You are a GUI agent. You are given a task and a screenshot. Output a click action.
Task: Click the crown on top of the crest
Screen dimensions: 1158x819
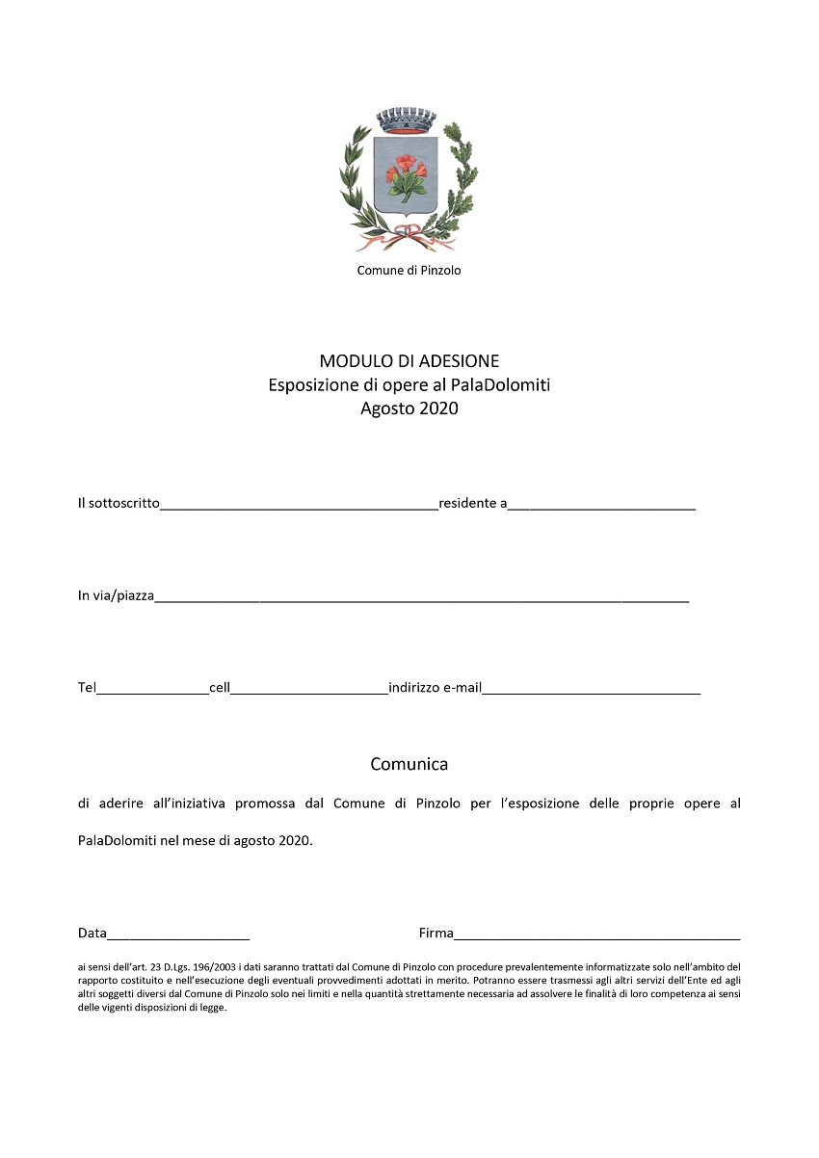pos(407,121)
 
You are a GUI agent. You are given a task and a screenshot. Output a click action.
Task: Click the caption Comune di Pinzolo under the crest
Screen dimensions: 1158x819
pos(409,271)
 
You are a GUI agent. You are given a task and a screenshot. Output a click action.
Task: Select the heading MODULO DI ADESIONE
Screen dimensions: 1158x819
pos(409,361)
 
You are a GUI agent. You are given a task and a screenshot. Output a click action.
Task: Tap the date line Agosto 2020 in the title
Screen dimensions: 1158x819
pos(409,408)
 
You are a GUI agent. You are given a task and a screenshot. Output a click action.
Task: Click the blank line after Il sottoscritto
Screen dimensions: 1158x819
pos(299,504)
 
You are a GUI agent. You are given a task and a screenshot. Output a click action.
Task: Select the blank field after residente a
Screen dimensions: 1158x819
pos(601,504)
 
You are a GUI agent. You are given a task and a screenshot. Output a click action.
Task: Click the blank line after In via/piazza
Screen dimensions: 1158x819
pos(421,597)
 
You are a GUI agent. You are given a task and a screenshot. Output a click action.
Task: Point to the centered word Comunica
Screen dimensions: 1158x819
pos(409,765)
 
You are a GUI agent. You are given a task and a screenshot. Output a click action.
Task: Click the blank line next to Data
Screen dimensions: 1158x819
pos(178,934)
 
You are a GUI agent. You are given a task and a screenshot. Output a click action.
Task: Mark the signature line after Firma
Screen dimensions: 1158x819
pos(597,934)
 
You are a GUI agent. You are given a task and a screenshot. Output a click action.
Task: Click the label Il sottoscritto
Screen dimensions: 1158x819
pos(119,503)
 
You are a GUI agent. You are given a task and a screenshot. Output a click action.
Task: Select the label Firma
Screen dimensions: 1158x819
pos(436,934)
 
